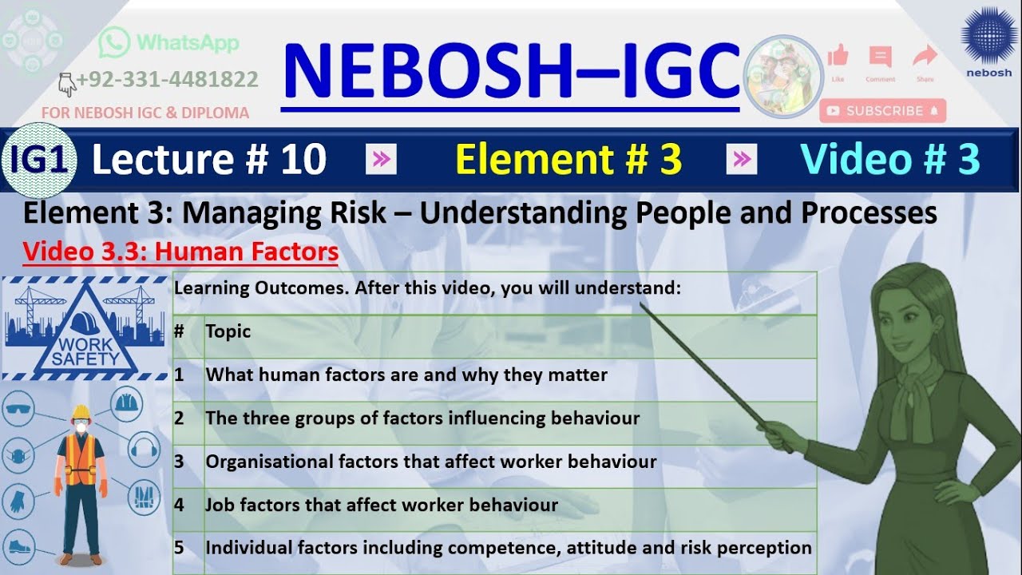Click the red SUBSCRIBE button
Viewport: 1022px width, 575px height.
click(x=882, y=111)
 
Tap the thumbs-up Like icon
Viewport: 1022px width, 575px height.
click(x=838, y=56)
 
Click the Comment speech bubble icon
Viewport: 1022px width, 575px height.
click(x=880, y=57)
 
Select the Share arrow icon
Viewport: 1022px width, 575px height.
click(x=925, y=56)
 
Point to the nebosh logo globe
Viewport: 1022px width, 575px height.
click(x=988, y=35)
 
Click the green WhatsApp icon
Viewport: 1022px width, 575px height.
click(x=113, y=42)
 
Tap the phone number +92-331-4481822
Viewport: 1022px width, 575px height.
click(x=167, y=80)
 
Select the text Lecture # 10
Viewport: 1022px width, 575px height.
click(x=208, y=160)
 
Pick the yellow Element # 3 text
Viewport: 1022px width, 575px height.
click(x=568, y=160)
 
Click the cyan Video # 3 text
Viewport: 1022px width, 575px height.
click(x=889, y=160)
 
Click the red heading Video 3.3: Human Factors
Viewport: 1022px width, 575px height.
click(x=180, y=252)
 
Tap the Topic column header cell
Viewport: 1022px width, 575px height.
click(x=228, y=331)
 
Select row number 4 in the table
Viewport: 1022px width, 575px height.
click(x=180, y=505)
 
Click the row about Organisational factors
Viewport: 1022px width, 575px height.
click(x=431, y=462)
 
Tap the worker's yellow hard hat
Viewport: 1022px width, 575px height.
click(x=80, y=413)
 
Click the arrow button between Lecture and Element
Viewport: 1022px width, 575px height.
click(x=381, y=161)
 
